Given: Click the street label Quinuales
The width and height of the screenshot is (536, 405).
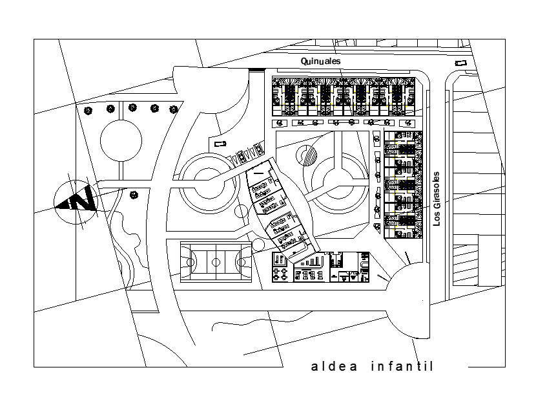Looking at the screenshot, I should click(320, 61).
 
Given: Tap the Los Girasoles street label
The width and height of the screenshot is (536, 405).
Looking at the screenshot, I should click(437, 198).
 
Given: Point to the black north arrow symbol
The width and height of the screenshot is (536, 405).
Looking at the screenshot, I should click(77, 201).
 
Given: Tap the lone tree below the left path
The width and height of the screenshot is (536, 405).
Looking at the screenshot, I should click(134, 194).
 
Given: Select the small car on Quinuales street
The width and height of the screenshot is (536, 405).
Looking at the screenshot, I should click(460, 63).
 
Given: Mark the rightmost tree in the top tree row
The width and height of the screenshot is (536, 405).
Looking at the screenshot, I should click(173, 109).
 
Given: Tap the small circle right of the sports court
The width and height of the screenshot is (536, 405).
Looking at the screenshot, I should click(258, 245).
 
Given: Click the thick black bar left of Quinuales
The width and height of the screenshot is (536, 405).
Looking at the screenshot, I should click(256, 69).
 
